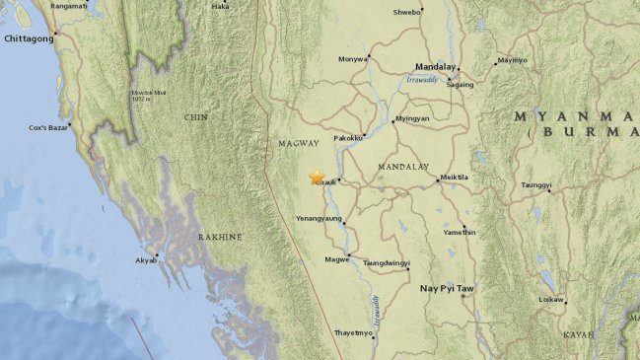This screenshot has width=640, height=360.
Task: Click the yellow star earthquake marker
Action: (x=317, y=178)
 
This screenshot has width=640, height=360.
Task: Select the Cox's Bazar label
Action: (x=52, y=128)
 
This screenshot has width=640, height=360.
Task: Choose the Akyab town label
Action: (x=145, y=261)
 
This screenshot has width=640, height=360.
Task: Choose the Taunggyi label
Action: (x=536, y=184)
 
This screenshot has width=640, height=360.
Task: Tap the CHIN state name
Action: (x=195, y=116)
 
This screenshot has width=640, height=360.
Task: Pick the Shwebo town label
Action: (x=407, y=13)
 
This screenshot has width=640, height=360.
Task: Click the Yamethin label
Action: (x=460, y=232)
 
